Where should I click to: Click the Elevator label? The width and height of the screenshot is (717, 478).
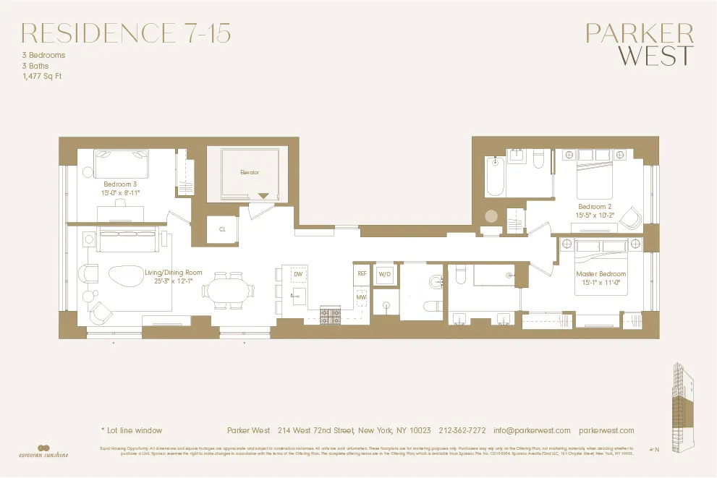pos(250,173)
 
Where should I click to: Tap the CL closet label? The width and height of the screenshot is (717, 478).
pos(221,229)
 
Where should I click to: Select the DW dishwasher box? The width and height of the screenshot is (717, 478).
pos(297,274)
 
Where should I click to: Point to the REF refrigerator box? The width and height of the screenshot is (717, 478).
pos(362,273)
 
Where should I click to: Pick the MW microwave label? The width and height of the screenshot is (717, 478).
pos(361,297)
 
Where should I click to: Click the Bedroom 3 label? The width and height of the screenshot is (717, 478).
pos(120,184)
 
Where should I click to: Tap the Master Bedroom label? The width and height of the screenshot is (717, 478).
pos(601,274)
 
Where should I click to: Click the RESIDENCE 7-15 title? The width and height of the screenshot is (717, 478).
pos(127,33)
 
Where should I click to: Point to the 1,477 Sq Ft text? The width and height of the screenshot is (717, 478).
pos(42,76)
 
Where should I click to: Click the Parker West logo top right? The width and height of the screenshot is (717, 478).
pos(639,45)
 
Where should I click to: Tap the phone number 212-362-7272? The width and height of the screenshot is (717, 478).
pos(462,430)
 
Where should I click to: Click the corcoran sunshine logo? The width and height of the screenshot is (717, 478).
pos(45,451)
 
